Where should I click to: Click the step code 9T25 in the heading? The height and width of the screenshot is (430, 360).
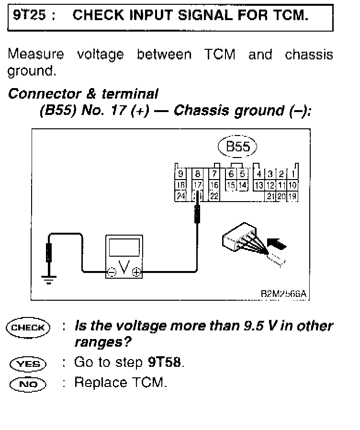(29, 15)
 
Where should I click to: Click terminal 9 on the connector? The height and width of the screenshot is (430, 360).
(180, 174)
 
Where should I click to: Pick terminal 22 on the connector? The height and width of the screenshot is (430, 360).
(214, 195)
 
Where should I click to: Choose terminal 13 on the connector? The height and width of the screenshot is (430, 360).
(259, 185)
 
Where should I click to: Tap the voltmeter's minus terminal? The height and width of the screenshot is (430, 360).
(112, 272)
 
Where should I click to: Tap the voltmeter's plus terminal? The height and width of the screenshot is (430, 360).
(136, 272)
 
